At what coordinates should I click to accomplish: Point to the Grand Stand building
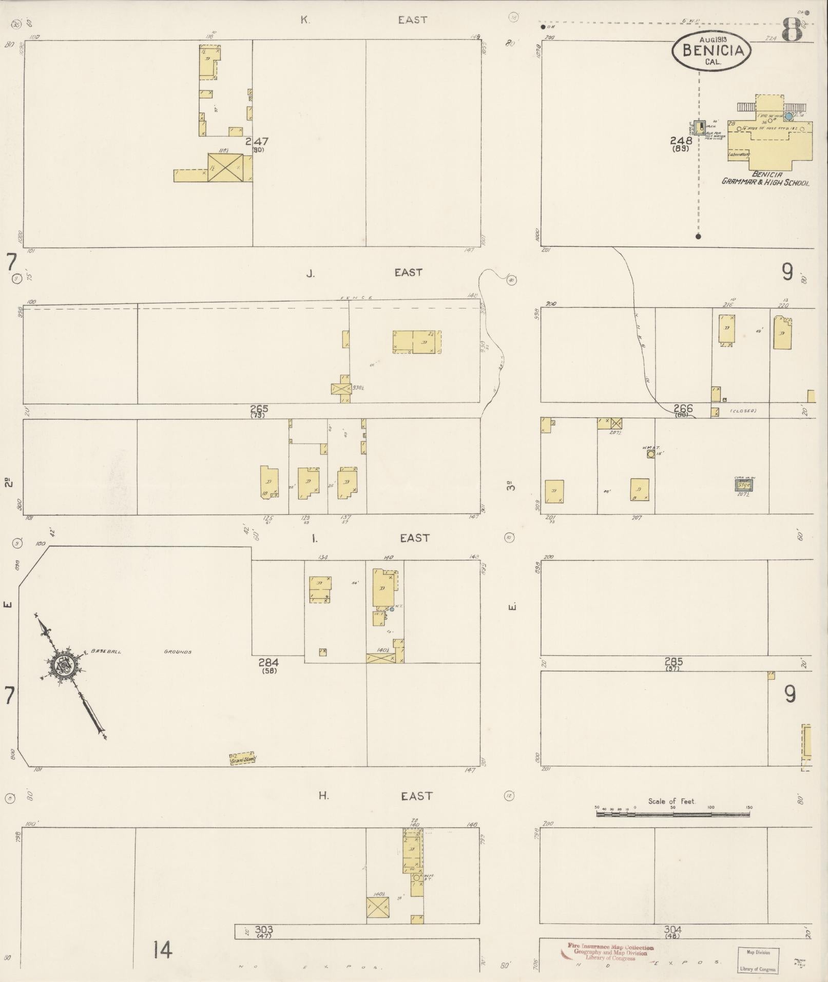point(242,759)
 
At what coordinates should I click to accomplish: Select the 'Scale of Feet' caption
point(671,801)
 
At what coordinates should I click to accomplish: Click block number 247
point(257,141)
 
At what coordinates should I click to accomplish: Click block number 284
point(268,663)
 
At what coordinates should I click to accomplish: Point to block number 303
point(264,929)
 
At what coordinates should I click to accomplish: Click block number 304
point(672,929)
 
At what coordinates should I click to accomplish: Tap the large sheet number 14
point(163,950)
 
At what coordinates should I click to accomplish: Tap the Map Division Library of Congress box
point(758,960)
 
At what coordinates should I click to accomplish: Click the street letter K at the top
point(305,21)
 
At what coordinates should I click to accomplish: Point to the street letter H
point(323,796)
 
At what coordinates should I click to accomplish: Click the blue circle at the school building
point(788,117)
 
